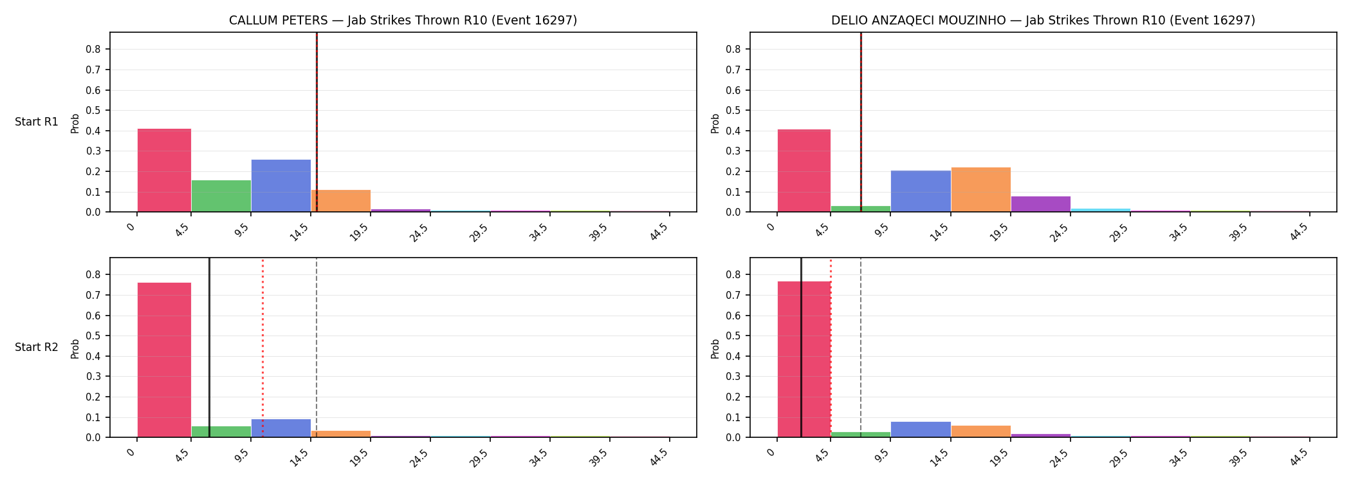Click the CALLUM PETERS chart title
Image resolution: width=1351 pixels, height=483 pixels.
coord(403,21)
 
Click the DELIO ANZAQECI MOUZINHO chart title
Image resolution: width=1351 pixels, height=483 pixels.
coord(1043,21)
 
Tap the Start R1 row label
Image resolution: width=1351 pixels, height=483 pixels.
coord(37,122)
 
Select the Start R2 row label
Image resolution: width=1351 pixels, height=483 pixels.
coord(37,348)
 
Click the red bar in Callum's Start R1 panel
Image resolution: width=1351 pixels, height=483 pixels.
coord(164,170)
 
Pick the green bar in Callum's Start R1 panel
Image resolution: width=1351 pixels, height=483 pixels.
coord(221,196)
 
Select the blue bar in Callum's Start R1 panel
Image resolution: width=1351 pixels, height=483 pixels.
coord(281,185)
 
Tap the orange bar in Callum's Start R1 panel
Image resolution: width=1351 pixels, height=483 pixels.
coord(341,201)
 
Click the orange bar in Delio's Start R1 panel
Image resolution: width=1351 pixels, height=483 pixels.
coord(981,189)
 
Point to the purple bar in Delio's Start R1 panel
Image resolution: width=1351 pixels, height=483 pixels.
coord(1041,204)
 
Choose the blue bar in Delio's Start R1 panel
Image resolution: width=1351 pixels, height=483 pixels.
coord(921,191)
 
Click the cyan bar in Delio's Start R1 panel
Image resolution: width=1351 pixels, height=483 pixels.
coord(1101,210)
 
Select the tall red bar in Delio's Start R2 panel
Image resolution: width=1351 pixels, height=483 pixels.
coord(804,359)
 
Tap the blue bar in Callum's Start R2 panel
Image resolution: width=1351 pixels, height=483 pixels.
coord(281,428)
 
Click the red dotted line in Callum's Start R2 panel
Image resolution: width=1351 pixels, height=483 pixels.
coord(262,348)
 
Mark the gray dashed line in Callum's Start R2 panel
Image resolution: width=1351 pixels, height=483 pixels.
coord(317,348)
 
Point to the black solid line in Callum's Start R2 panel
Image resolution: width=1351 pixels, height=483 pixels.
coord(209,348)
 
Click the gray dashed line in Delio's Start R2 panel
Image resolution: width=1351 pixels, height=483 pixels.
coord(861,348)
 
